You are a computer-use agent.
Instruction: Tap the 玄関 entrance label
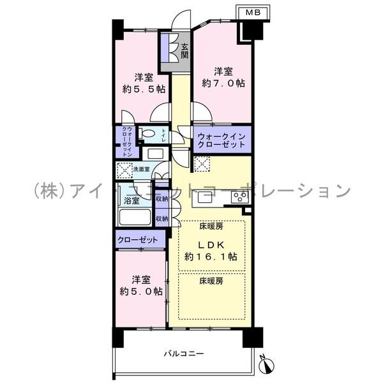tap(184, 50)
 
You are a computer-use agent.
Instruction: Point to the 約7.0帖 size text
tap(223, 82)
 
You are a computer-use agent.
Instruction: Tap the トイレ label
tap(163, 134)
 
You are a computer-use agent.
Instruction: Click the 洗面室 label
tap(141, 169)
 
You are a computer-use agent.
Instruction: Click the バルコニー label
tap(183, 352)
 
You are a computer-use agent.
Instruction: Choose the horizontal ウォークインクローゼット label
tap(220, 140)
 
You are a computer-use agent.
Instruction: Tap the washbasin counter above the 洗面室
tap(154, 153)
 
